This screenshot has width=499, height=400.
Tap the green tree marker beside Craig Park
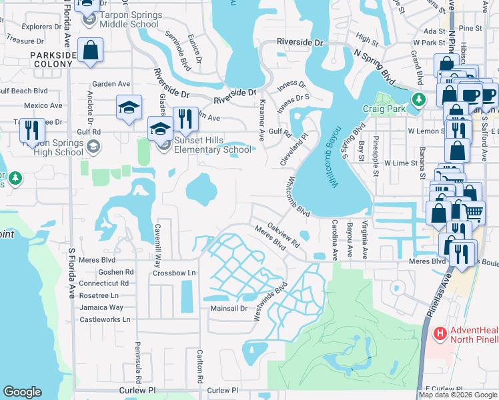(418, 100)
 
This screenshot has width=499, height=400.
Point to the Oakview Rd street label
(284, 235)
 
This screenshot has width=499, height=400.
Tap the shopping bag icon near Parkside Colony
(90, 51)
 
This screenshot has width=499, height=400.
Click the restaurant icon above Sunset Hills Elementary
(185, 119)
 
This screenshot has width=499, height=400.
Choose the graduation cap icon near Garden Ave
(129, 107)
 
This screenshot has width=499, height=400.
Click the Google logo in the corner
(23, 392)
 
